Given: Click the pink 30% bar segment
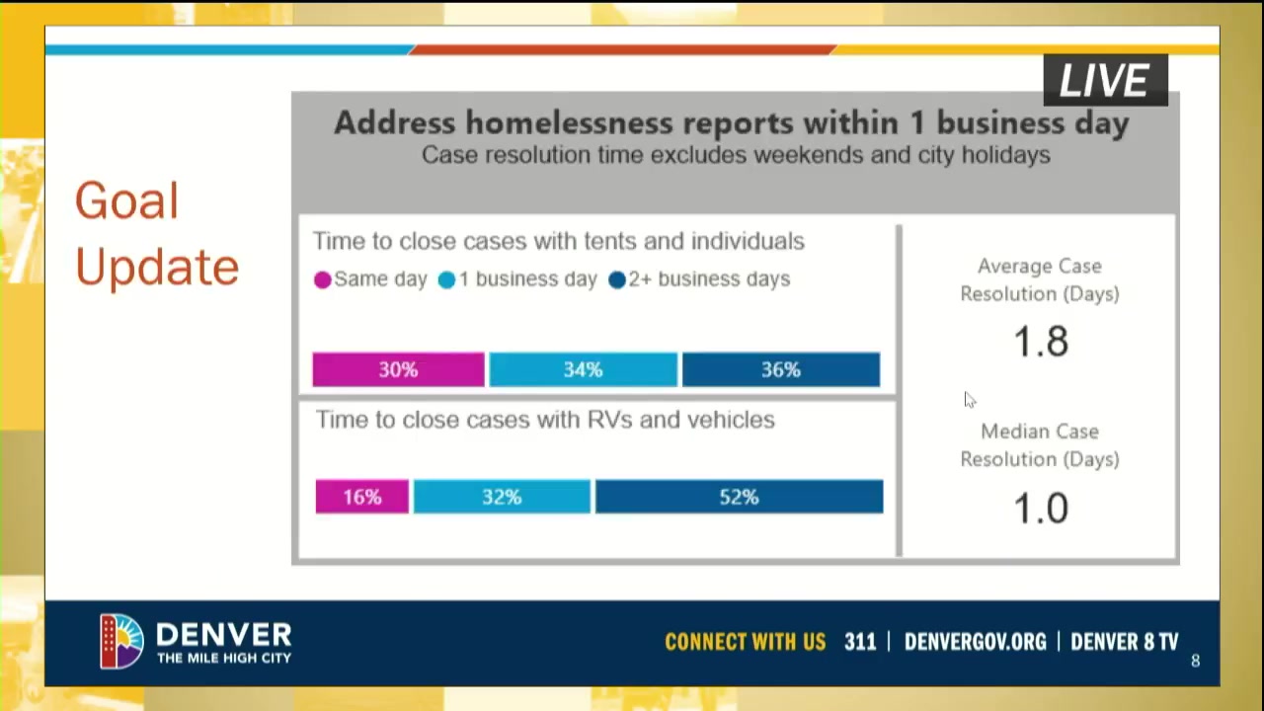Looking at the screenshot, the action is click(x=398, y=369).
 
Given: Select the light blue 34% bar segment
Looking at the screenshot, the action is click(x=584, y=369).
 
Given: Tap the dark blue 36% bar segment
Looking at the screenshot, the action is click(x=781, y=369).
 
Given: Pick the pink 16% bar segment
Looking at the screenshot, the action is click(x=362, y=497).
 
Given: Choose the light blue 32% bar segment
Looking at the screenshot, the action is click(x=503, y=497).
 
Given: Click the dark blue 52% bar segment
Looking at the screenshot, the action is click(x=740, y=497).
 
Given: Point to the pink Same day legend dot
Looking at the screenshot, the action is click(x=322, y=279).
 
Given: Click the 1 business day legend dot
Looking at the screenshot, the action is click(x=446, y=279).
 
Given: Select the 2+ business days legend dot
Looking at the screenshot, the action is click(x=617, y=279).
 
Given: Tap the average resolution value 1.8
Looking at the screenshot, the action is click(x=1041, y=342).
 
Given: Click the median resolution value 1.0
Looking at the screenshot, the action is click(x=1041, y=509).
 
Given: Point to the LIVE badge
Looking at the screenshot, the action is click(x=1105, y=80).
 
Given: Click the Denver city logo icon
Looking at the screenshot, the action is click(x=121, y=641).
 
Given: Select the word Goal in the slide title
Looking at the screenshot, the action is click(x=127, y=200).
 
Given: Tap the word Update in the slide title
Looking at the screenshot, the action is click(x=157, y=268).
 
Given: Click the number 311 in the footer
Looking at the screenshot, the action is click(x=860, y=642).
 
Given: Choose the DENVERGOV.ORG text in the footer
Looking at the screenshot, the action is click(x=975, y=642).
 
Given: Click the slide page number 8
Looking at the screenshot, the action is click(x=1195, y=661).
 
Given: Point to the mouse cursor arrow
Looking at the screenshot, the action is click(x=969, y=399).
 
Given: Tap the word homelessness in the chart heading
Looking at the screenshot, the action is click(x=569, y=123).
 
